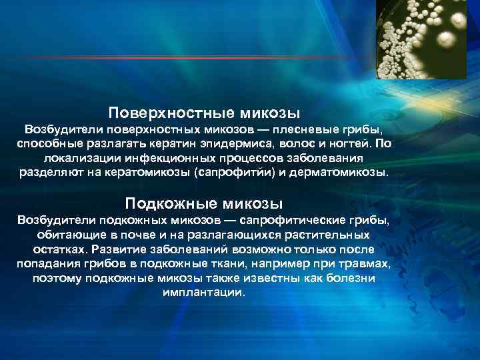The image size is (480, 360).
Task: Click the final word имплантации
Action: click(x=203, y=293)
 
